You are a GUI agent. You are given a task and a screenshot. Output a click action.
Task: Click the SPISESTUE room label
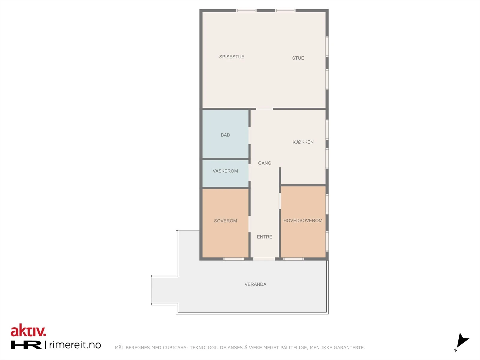pyautogui.click(x=232, y=57)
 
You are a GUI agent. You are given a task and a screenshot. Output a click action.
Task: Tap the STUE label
pyautogui.click(x=298, y=58)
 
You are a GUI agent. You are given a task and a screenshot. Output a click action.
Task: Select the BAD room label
pyautogui.click(x=225, y=135)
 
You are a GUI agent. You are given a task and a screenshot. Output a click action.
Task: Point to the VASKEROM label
pyautogui.click(x=225, y=171)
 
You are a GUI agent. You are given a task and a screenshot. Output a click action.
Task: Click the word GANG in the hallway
pyautogui.click(x=265, y=163)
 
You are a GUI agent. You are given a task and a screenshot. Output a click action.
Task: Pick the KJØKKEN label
pyautogui.click(x=303, y=142)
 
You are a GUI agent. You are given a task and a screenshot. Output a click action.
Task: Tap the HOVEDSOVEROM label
pyautogui.click(x=303, y=220)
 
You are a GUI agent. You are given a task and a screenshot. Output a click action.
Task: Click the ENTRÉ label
pyautogui.click(x=264, y=237)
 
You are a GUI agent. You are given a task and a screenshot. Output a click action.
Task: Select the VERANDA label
pyautogui.click(x=255, y=284)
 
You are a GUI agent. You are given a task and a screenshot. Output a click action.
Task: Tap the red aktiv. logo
pyautogui.click(x=28, y=331)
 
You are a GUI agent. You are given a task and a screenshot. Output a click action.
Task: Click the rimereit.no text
pyautogui.click(x=75, y=345)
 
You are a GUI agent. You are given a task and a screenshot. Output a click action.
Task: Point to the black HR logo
pyautogui.click(x=26, y=345)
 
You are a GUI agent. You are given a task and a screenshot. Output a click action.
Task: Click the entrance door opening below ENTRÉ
pyautogui.click(x=264, y=259)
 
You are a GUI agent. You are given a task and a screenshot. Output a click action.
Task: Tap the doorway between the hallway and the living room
pyautogui.click(x=264, y=109)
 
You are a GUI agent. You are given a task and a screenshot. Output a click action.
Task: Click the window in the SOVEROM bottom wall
pyautogui.click(x=234, y=259)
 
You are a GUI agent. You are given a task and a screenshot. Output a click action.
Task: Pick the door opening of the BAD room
pyautogui.click(x=250, y=136)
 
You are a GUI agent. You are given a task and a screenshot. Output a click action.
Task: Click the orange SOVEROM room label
pyautogui.click(x=225, y=221)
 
